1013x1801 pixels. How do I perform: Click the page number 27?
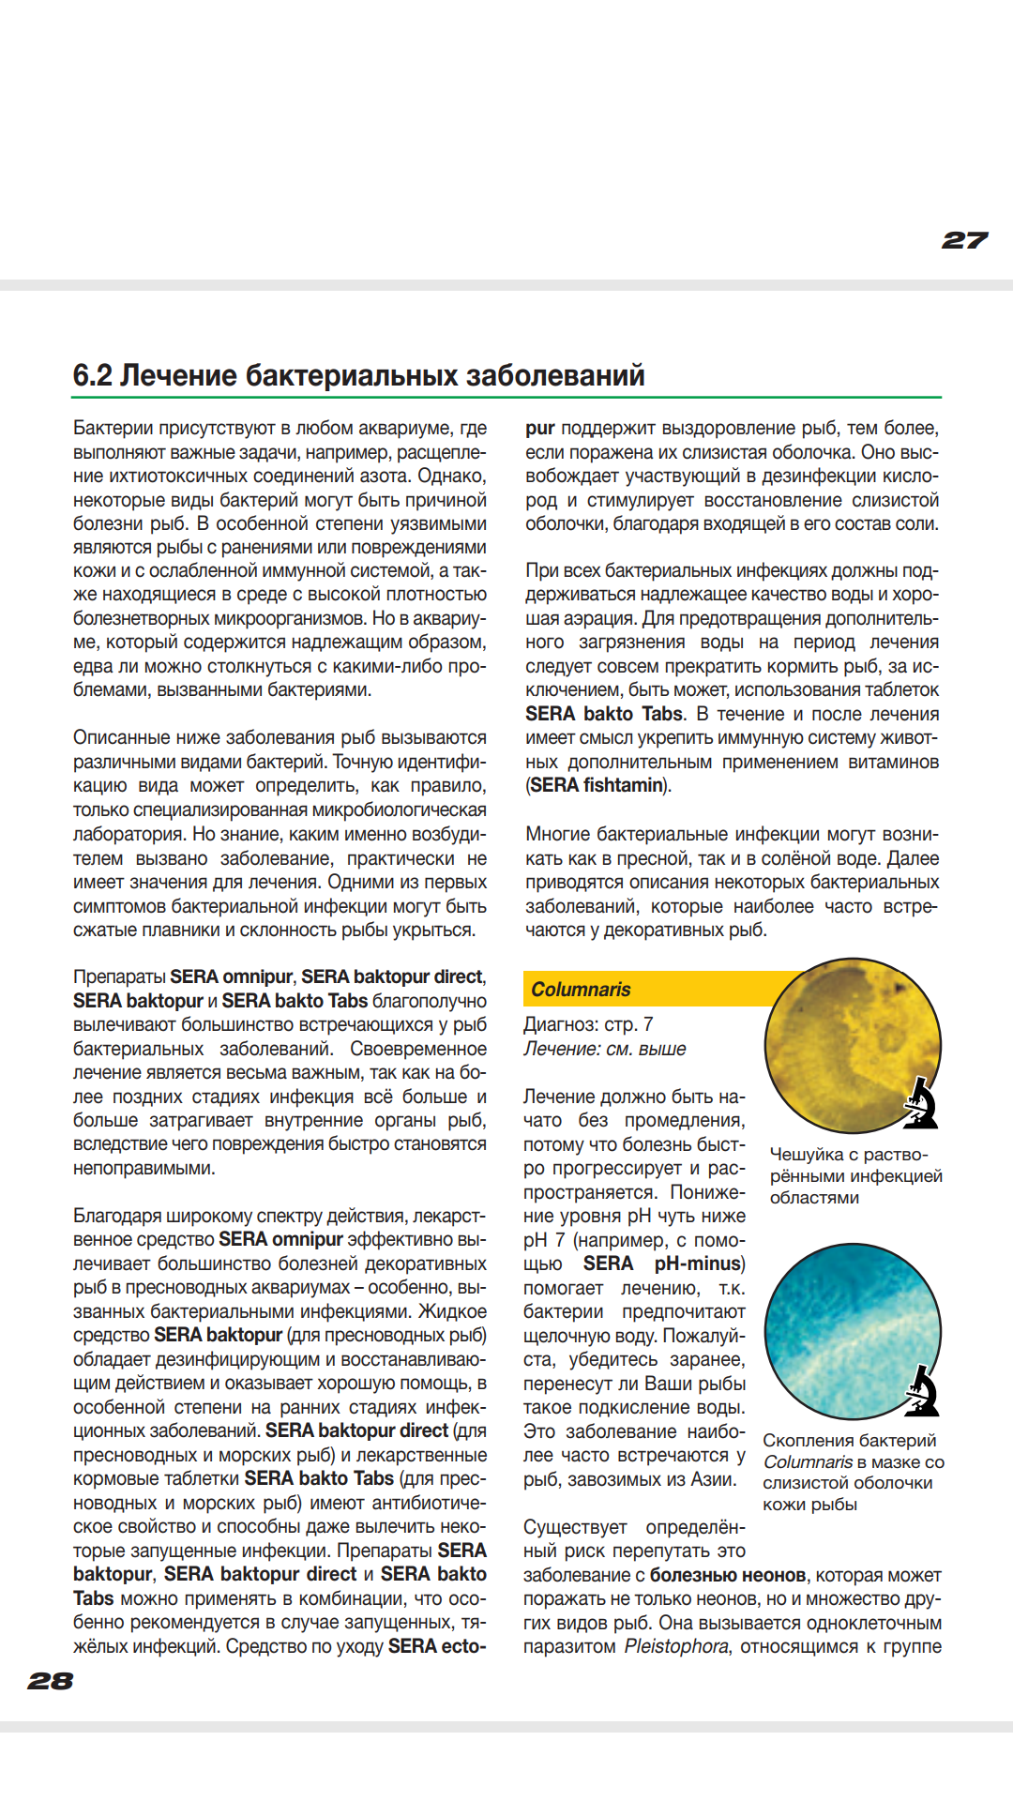(x=964, y=241)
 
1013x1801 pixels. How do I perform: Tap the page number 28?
(x=51, y=1680)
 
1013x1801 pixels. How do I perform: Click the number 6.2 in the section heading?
(x=92, y=375)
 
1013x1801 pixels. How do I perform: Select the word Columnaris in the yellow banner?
(x=581, y=990)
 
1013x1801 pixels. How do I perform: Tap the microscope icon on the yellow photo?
(x=922, y=1103)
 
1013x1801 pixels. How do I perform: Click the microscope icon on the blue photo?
(x=922, y=1391)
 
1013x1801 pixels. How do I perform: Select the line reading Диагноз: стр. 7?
(x=588, y=1024)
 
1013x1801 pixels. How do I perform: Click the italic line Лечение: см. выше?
(x=605, y=1049)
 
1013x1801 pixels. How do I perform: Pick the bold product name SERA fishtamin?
(x=597, y=785)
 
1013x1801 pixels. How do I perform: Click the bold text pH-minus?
(x=699, y=1264)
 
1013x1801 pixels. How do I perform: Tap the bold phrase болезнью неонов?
(x=728, y=1575)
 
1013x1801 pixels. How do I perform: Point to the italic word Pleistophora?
(x=676, y=1646)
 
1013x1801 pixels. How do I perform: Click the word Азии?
(x=715, y=1479)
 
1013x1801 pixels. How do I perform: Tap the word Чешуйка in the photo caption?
(x=807, y=1155)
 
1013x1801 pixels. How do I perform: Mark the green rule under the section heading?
(x=506, y=398)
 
